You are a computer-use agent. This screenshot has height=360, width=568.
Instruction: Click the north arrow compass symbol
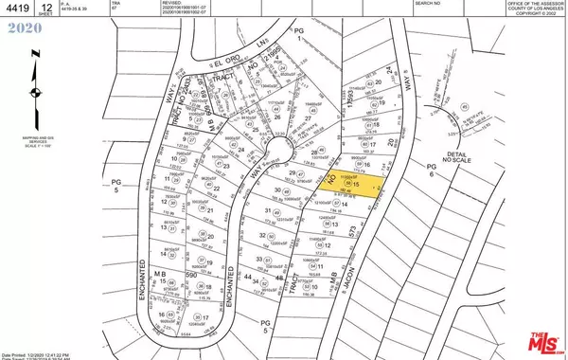tap(36, 92)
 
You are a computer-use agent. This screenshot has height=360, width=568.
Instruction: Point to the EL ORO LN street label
tap(231, 63)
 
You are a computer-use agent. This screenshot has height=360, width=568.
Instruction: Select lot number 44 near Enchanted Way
tap(250, 278)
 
